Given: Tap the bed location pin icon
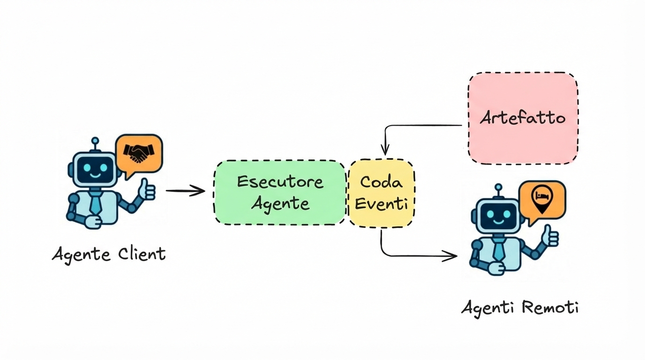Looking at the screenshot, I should (542, 197).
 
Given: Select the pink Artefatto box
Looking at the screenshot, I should (522, 118).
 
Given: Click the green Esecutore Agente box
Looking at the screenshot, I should (280, 192).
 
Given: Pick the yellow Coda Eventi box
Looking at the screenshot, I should (381, 193).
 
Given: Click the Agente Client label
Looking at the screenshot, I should (109, 255).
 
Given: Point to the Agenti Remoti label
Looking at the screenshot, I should (520, 308).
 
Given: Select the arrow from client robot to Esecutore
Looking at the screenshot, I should (186, 191).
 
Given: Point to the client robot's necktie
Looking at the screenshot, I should (96, 202).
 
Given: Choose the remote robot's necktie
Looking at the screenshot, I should (499, 249).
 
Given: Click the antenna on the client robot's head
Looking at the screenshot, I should (95, 142).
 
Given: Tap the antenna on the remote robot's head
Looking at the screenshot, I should (498, 189).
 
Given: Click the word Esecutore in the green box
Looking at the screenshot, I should (280, 181).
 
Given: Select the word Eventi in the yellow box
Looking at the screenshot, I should (381, 204).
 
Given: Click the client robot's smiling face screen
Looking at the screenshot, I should (96, 170).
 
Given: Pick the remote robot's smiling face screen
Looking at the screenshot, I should (499, 216).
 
